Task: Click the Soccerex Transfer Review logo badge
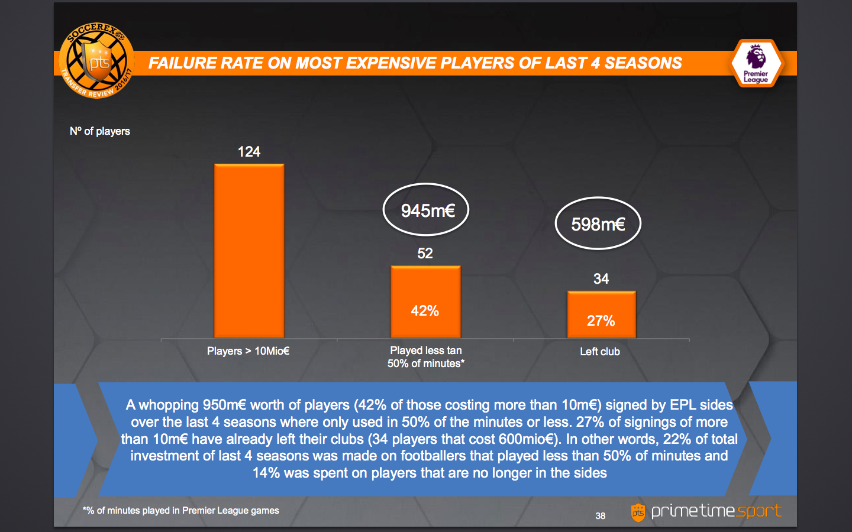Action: click(x=97, y=61)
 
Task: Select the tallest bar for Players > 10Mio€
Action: click(x=249, y=251)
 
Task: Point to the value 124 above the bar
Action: click(x=249, y=152)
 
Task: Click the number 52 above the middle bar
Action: click(x=425, y=254)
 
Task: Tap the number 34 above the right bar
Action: click(x=601, y=279)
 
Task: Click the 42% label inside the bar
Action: click(x=425, y=311)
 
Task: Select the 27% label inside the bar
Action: click(x=601, y=321)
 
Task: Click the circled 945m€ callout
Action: click(x=427, y=210)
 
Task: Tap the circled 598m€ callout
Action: click(x=598, y=224)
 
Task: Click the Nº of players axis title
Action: click(x=100, y=131)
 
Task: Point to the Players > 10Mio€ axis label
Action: click(x=248, y=351)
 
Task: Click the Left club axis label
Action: click(x=600, y=352)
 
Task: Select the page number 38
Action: click(x=601, y=516)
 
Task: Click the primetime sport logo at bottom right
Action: click(x=707, y=511)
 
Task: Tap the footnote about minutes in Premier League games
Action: click(x=181, y=511)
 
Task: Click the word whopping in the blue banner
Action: click(x=169, y=405)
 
